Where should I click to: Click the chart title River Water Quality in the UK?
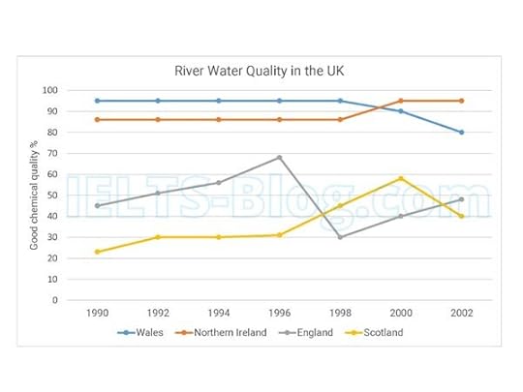click(x=261, y=70)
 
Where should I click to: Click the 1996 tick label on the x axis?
click(x=279, y=315)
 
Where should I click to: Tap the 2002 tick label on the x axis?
click(x=461, y=315)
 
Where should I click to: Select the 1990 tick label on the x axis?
click(x=97, y=315)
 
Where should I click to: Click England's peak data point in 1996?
click(x=279, y=158)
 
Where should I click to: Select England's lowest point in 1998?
click(x=340, y=237)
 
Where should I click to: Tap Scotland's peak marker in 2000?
click(x=401, y=178)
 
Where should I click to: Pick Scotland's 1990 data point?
click(x=97, y=252)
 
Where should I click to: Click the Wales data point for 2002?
click(x=461, y=133)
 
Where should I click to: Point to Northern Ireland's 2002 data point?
click(x=461, y=101)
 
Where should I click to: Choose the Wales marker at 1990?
click(x=97, y=101)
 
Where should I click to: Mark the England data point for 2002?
click(x=461, y=199)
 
